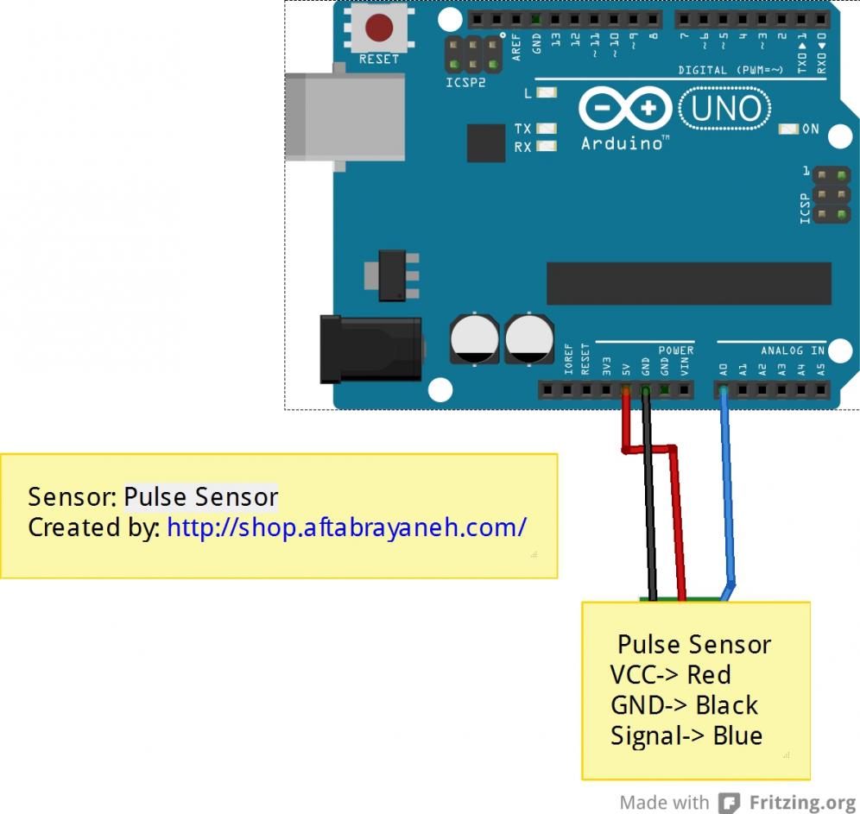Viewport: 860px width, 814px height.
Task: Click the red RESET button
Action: (x=379, y=28)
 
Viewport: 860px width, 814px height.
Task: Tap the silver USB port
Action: (x=345, y=117)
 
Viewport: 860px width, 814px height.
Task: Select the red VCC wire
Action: (x=678, y=518)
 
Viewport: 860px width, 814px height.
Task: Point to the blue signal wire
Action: (x=728, y=501)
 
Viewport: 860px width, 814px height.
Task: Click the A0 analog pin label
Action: (x=723, y=369)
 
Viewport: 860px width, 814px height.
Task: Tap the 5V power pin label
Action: (x=626, y=368)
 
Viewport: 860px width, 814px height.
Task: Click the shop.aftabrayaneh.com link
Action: (x=346, y=527)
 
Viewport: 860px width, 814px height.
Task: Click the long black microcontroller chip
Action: (x=688, y=284)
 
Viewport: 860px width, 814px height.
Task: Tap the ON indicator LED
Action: (x=788, y=129)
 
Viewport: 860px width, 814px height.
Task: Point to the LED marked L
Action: (x=547, y=92)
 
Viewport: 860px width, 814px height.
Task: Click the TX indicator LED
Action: (x=547, y=129)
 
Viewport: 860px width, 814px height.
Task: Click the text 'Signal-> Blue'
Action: (x=686, y=735)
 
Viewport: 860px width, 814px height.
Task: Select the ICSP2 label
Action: (x=465, y=83)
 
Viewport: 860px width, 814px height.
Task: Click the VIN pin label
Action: (x=685, y=366)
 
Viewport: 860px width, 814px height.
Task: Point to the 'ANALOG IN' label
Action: (x=793, y=350)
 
